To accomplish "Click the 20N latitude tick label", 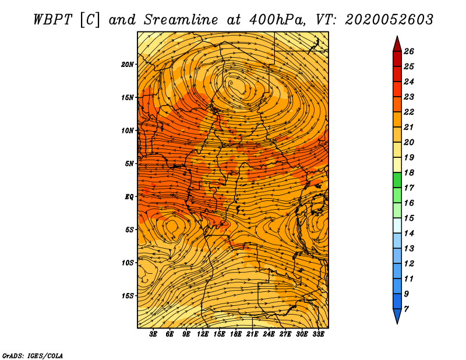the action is [x=128, y=65].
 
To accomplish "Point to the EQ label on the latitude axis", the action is [x=129, y=197].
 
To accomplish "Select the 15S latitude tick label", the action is [x=128, y=296].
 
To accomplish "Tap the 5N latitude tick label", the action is [x=129, y=164].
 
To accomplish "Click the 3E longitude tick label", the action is [x=153, y=334].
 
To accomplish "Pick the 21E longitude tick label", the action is [x=252, y=334].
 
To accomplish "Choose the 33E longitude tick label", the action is [x=318, y=334].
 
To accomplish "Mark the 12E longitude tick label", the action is [x=202, y=334].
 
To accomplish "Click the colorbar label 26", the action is [x=409, y=51].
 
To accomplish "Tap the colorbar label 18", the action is [x=409, y=172].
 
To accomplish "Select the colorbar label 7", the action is [x=406, y=309].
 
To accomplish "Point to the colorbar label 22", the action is [x=409, y=112].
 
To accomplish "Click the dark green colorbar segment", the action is [x=397, y=180].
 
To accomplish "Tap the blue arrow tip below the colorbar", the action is [x=397, y=316].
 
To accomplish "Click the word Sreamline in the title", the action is [x=181, y=20].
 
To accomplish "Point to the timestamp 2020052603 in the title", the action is [x=389, y=20].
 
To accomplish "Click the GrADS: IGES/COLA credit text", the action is [x=33, y=356].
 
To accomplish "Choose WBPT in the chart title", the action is [x=52, y=20].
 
